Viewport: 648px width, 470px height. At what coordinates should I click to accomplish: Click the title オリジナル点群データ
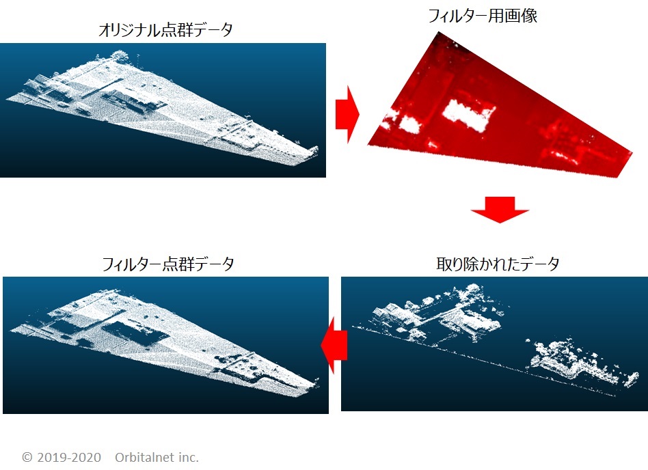[x=165, y=30]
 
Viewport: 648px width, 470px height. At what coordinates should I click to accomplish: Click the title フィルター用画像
[x=483, y=16]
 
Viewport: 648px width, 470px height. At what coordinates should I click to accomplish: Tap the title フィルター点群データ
[x=167, y=264]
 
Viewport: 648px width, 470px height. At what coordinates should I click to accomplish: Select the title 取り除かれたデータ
[x=498, y=264]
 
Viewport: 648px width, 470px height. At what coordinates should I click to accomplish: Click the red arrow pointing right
[x=347, y=114]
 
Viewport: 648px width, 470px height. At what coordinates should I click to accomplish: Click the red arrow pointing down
[x=500, y=210]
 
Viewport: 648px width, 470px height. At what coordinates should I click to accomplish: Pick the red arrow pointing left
[x=334, y=345]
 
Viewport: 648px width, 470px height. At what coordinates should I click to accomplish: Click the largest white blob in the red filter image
[x=469, y=115]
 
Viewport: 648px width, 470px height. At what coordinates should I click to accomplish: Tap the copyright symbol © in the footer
[x=27, y=457]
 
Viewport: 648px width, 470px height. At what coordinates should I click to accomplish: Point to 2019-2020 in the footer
[x=69, y=457]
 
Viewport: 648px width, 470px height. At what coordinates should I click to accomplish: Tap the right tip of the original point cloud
[x=317, y=148]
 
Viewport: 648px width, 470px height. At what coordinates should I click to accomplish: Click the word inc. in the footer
[x=189, y=457]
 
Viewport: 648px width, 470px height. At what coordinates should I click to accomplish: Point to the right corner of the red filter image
[x=632, y=153]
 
